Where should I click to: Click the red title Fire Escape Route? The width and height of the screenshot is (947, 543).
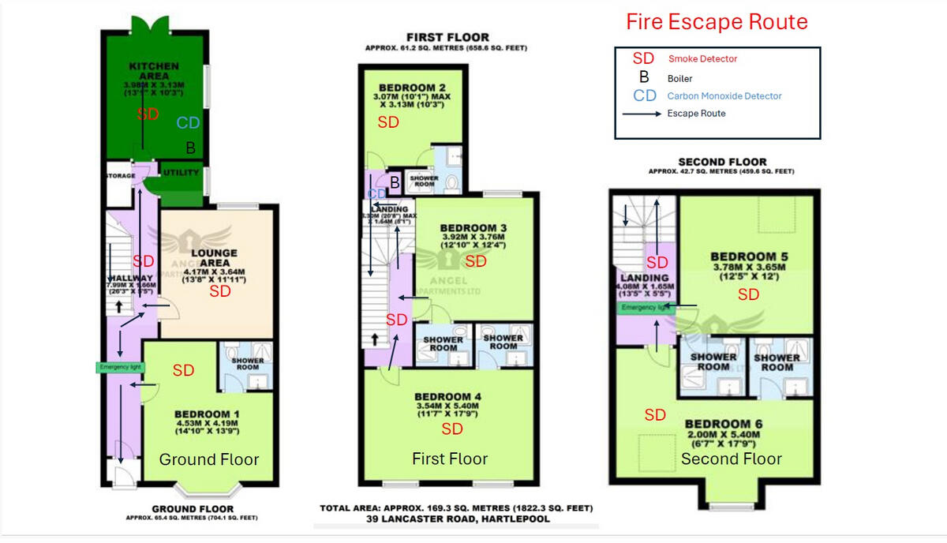(717, 22)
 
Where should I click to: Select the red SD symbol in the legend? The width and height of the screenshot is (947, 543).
(644, 59)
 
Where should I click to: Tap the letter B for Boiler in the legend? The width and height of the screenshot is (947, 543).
(644, 77)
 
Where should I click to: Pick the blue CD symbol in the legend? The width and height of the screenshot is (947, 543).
(645, 95)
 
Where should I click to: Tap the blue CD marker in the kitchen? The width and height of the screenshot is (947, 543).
(188, 122)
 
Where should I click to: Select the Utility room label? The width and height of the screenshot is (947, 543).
(181, 173)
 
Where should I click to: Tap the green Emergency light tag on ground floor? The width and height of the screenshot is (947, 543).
(117, 367)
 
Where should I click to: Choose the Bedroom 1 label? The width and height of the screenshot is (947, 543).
(208, 414)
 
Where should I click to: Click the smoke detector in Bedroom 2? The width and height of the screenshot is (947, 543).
(388, 122)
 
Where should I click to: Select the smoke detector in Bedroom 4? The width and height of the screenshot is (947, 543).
(452, 429)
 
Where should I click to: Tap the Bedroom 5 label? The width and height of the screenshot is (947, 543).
(748, 257)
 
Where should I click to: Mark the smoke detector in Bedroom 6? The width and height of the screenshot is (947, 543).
(655, 415)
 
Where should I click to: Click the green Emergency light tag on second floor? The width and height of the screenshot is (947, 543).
(646, 308)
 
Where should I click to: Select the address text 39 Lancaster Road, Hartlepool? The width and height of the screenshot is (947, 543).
(456, 519)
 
